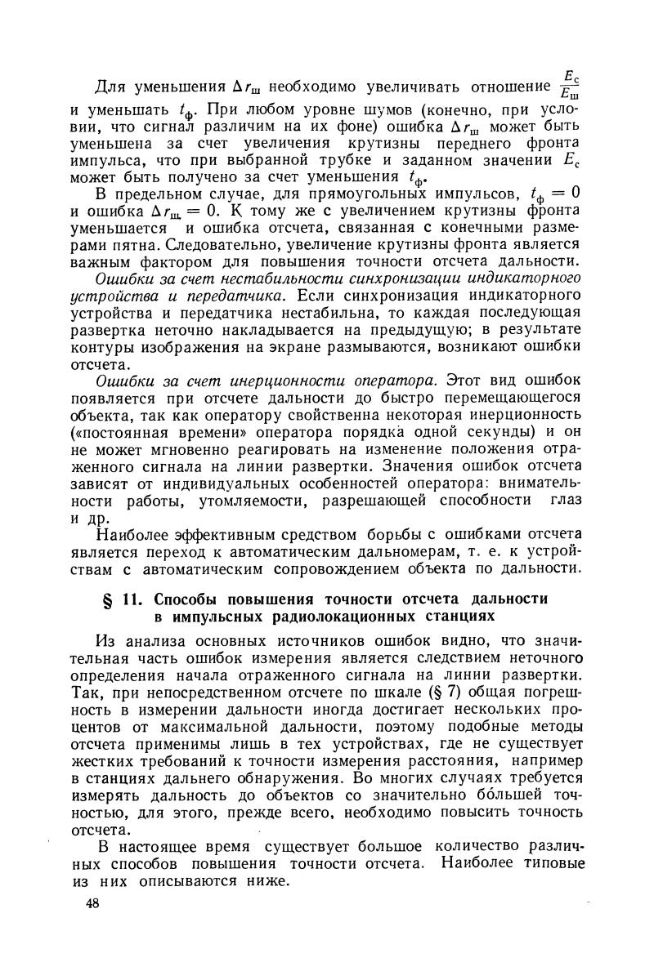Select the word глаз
tap(566, 501)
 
